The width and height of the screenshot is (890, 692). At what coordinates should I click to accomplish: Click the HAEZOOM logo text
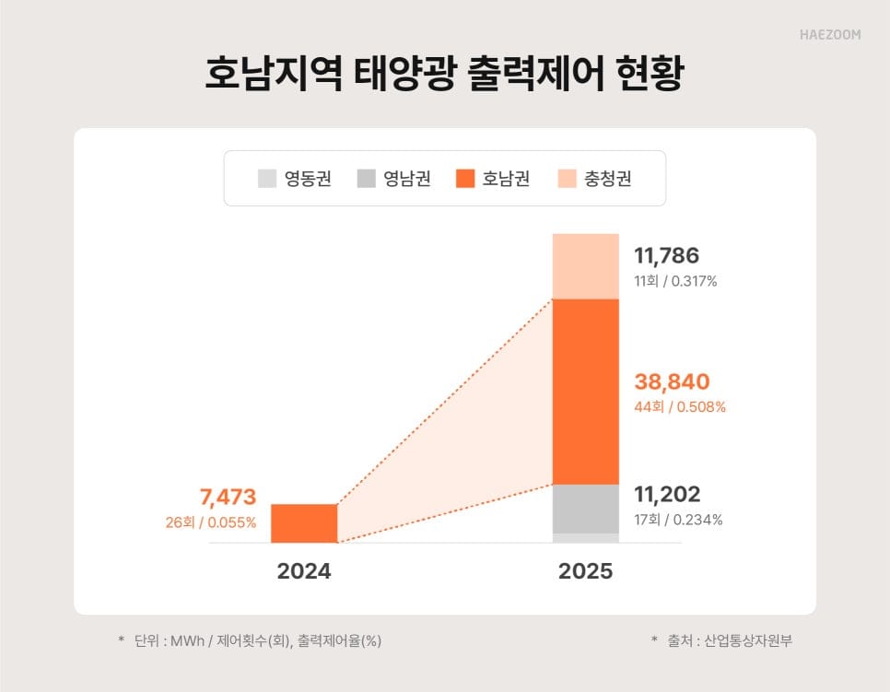coord(829,35)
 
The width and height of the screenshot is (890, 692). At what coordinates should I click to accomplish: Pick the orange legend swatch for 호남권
coord(465,179)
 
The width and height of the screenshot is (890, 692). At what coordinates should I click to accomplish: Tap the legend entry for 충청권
coord(594,179)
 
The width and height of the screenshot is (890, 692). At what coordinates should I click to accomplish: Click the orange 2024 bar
coord(304,523)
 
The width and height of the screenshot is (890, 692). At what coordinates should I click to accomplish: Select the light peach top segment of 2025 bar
coord(585,266)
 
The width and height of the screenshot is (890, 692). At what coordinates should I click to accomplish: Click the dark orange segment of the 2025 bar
coord(585,392)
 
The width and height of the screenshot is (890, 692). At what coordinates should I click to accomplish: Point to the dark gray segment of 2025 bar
coord(585,509)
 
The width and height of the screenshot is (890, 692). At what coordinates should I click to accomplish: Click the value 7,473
coord(228,498)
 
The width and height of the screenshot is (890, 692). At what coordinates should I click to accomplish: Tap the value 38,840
coord(672,381)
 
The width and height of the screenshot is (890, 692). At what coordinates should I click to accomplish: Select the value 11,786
coord(666,256)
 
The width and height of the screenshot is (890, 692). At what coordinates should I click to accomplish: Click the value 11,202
coord(667,495)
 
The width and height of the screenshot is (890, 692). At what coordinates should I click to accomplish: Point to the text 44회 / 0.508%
coord(680,407)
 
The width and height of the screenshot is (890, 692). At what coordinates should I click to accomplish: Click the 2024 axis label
coord(304,571)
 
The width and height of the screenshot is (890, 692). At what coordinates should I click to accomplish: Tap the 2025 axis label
coord(585,571)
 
